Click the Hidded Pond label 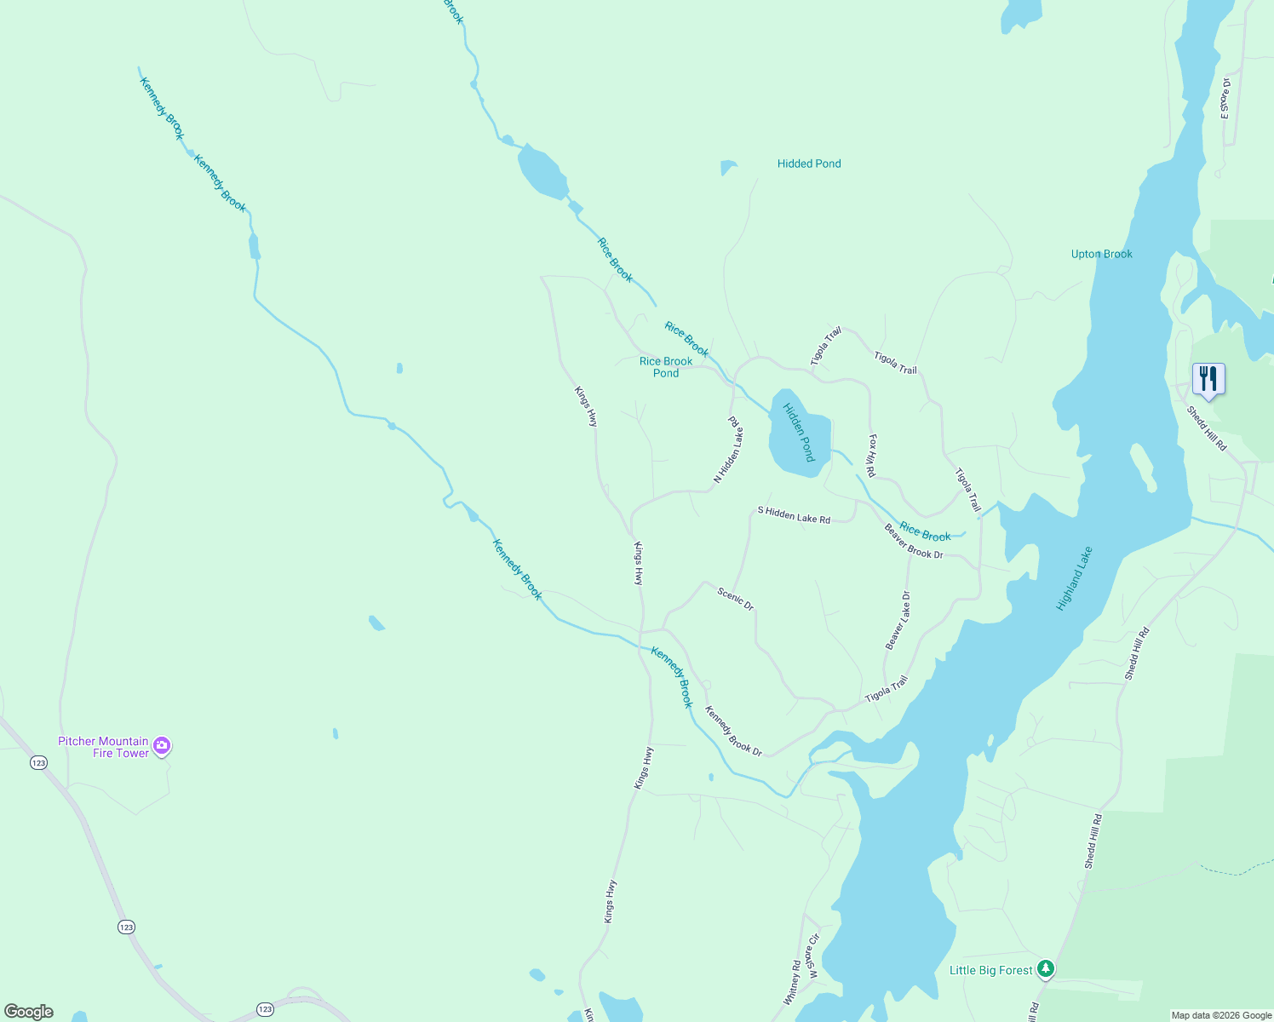tap(808, 164)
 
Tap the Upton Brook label tap(1101, 254)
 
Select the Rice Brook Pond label tap(666, 367)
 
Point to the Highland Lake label tap(1074, 578)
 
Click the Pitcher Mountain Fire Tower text tap(103, 747)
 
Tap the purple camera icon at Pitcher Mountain tap(163, 746)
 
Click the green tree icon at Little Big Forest tap(1046, 969)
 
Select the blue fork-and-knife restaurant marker tap(1208, 379)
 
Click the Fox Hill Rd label tap(871, 456)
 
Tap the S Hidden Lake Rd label tap(794, 514)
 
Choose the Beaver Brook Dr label tap(914, 542)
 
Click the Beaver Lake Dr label tap(898, 621)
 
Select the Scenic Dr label tap(736, 599)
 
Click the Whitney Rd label tap(792, 983)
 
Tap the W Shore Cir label tap(813, 956)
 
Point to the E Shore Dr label tap(1225, 99)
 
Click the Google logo tap(28, 1012)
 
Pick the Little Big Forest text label tap(990, 970)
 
